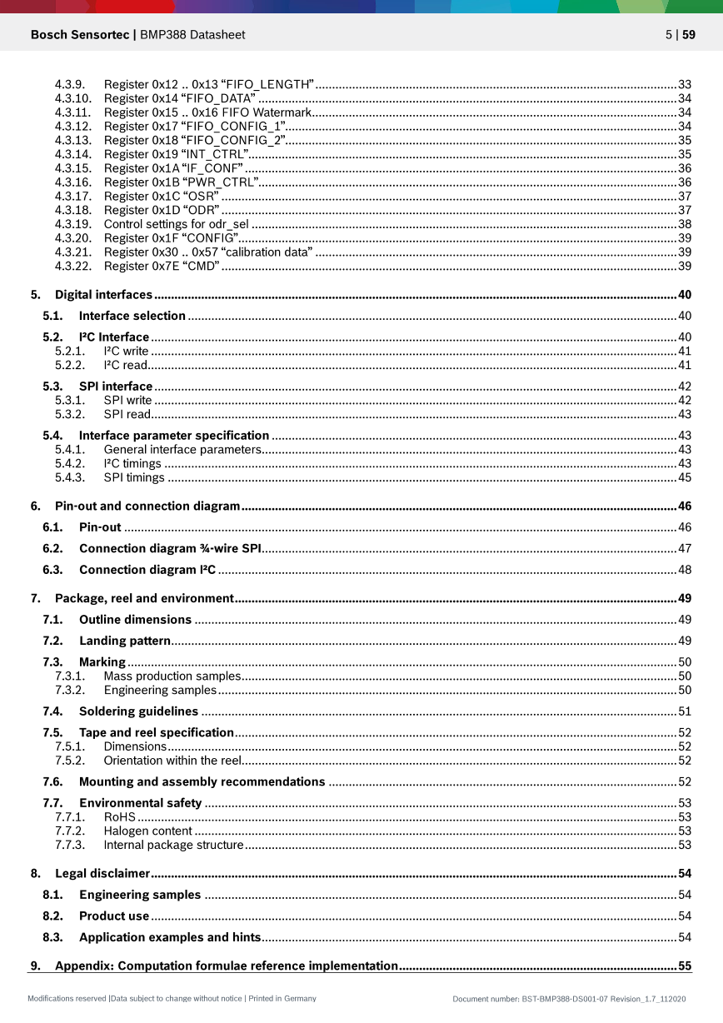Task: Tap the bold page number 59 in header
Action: [x=689, y=35]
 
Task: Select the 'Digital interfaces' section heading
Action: [x=103, y=295]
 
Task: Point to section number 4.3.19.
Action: [x=72, y=224]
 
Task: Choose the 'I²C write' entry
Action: [x=126, y=352]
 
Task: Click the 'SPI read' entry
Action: [x=127, y=414]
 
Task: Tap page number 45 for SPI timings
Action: [x=685, y=477]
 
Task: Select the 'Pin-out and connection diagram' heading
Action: [x=147, y=507]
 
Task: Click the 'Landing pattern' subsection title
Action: [x=125, y=641]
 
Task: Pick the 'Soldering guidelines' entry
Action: [x=138, y=711]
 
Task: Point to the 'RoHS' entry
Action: [x=120, y=817]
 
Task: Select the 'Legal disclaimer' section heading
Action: [x=102, y=874]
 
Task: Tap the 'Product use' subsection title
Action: [x=114, y=916]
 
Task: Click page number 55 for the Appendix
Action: [x=685, y=966]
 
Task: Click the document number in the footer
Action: [x=569, y=999]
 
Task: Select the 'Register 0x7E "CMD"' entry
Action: [x=162, y=266]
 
